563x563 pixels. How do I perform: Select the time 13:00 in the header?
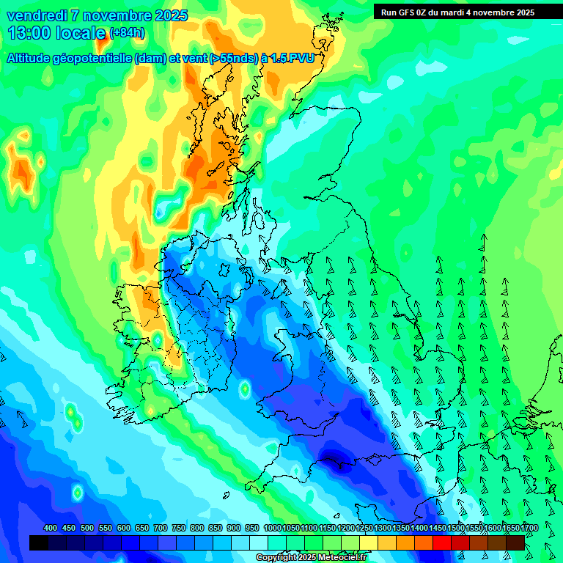29,33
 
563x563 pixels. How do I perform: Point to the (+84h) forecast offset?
127,33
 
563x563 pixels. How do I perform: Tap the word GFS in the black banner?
405,12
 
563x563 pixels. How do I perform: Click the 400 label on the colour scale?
51,529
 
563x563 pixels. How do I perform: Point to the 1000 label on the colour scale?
273,529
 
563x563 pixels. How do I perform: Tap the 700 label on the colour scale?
161,529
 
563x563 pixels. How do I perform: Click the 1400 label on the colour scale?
419,529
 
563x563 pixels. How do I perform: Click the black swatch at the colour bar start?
39,542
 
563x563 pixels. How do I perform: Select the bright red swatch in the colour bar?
442,542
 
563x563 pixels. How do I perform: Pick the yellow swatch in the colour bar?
369,542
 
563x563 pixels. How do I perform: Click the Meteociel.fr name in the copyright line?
342,558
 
